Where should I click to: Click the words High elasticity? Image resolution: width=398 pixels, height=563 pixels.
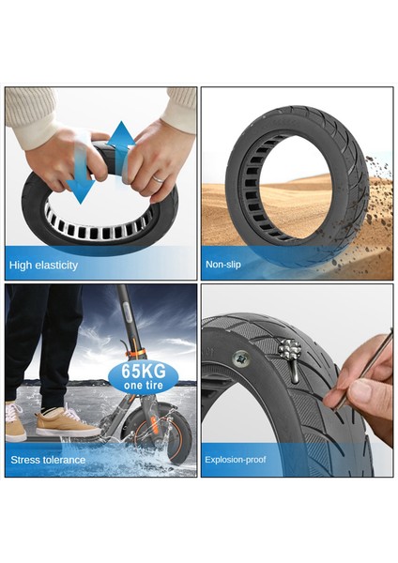43,266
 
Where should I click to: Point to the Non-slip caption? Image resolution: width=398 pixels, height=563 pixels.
223,266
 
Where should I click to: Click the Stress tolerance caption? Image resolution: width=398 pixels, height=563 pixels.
48,460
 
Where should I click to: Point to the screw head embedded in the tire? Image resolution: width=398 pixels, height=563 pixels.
240,358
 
